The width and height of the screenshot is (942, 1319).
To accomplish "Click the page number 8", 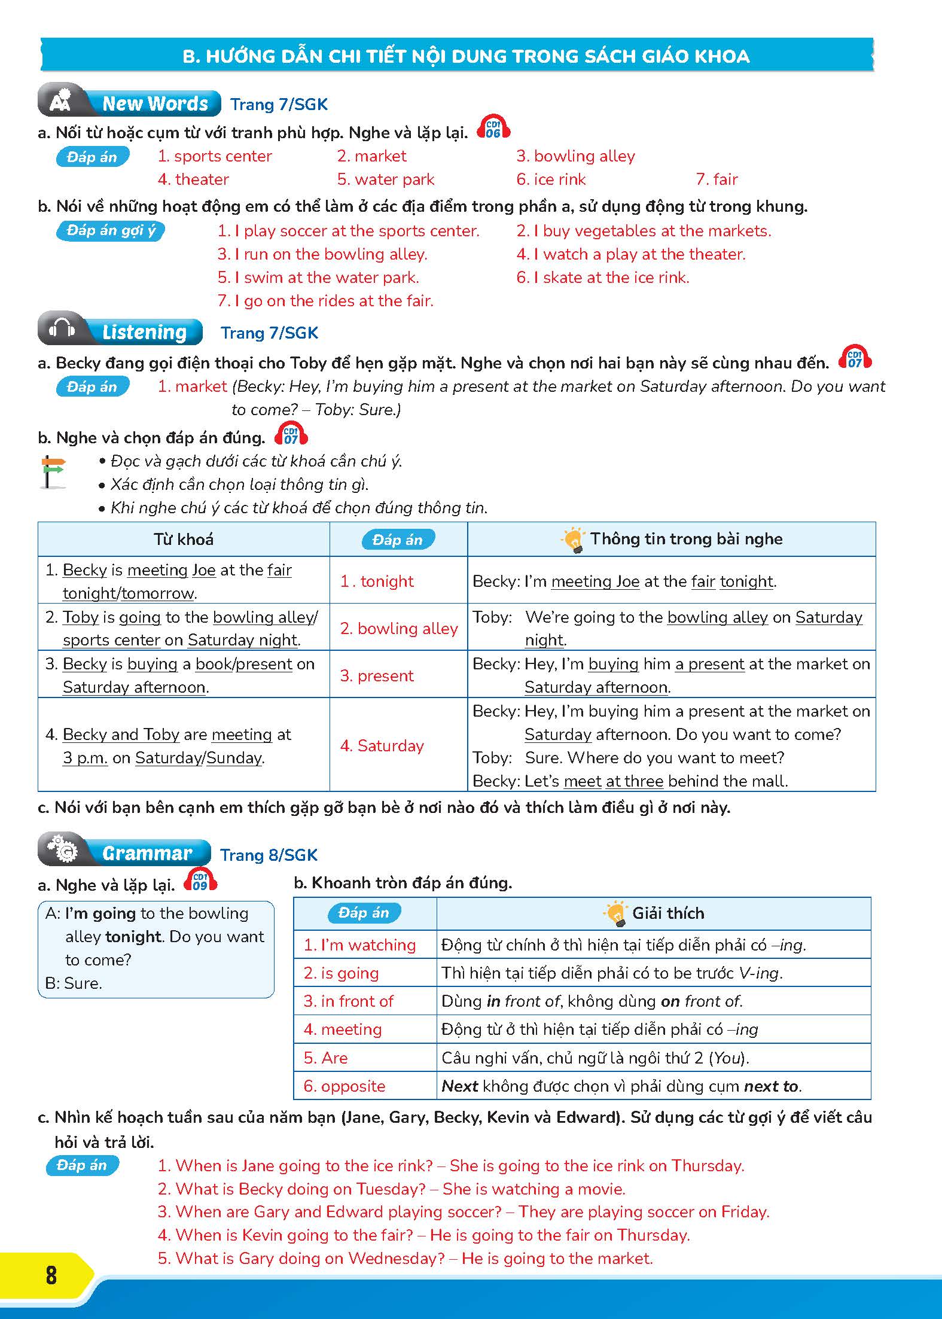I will coord(51,1275).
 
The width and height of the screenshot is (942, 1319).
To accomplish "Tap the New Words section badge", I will coord(129,103).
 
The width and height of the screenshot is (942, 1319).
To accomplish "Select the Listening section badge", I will coord(120,332).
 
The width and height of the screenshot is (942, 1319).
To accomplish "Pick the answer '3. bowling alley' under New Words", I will coord(575,156).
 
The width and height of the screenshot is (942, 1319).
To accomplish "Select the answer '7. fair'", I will coord(717,179).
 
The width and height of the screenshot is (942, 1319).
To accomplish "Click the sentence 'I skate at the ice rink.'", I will coord(603,278).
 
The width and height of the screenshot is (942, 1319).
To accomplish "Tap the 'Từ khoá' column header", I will coord(184,540).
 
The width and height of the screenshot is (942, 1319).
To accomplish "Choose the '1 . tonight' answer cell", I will coord(377,581).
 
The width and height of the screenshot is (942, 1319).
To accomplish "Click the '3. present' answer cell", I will coord(377,675).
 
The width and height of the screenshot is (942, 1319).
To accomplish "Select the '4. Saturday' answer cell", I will coord(382,746).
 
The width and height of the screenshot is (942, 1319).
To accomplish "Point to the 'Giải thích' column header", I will coord(654,913).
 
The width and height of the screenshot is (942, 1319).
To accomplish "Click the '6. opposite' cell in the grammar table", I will coord(345,1086).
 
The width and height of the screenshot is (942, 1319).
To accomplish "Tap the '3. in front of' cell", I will coord(348,1001).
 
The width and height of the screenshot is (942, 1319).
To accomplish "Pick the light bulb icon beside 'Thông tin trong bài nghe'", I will coord(574,540).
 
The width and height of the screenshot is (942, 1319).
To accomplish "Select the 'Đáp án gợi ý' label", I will coord(110,231).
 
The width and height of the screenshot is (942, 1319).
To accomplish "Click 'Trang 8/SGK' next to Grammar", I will coord(269,855).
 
